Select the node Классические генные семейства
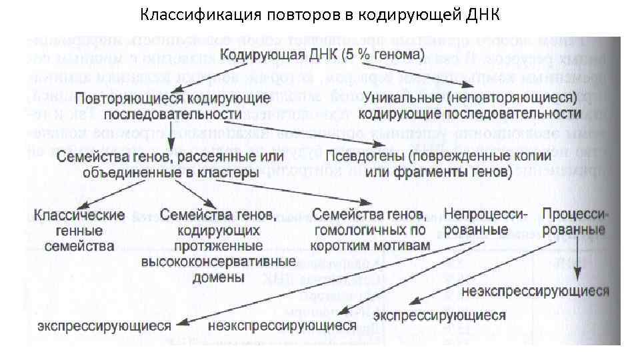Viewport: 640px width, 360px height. click(80, 231)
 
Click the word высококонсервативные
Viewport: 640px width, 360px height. click(219, 261)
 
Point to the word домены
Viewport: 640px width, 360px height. click(218, 277)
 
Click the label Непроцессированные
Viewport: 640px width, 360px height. click(481, 222)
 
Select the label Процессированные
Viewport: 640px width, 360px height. click(574, 222)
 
